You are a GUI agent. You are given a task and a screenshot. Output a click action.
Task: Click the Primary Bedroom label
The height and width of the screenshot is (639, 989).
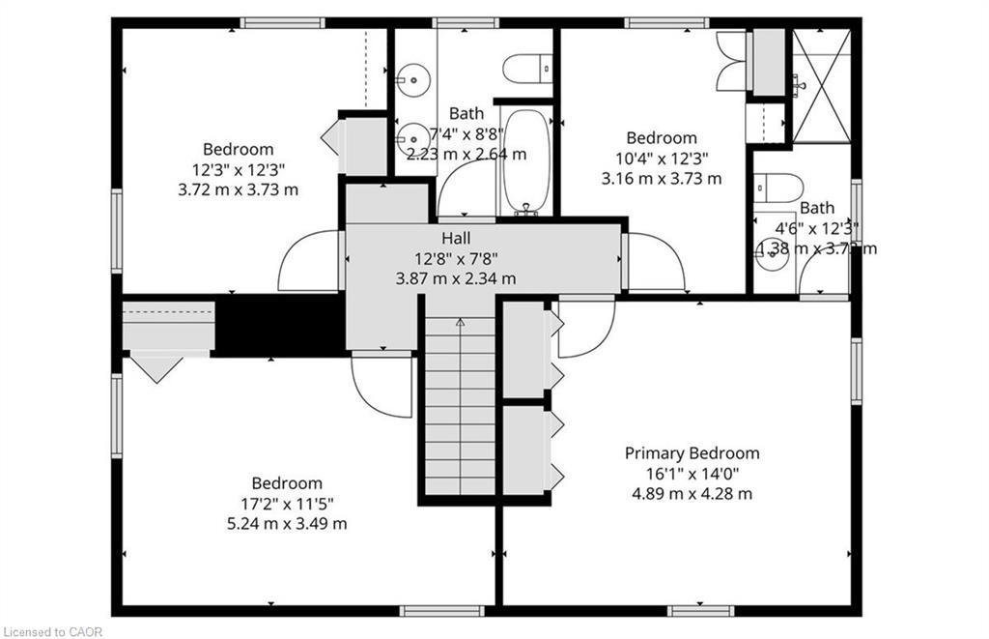692,453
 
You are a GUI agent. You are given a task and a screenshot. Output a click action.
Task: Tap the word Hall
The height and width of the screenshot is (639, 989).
456,238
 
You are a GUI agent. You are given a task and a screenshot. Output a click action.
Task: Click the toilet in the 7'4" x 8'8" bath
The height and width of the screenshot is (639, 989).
526,69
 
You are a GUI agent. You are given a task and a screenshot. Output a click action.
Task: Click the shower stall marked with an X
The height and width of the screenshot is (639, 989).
821,85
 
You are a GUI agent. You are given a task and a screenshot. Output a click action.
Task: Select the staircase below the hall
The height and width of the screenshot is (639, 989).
460,406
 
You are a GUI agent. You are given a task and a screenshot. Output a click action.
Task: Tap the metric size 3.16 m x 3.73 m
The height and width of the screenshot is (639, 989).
661,178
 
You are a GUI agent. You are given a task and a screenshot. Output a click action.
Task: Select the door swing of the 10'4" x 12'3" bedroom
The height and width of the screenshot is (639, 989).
655,262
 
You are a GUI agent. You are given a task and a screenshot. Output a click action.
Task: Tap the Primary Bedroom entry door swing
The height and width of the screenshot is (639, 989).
585,329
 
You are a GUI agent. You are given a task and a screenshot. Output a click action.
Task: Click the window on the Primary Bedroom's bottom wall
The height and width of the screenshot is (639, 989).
700,610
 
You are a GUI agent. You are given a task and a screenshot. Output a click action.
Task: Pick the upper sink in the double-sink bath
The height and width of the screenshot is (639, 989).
414,74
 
